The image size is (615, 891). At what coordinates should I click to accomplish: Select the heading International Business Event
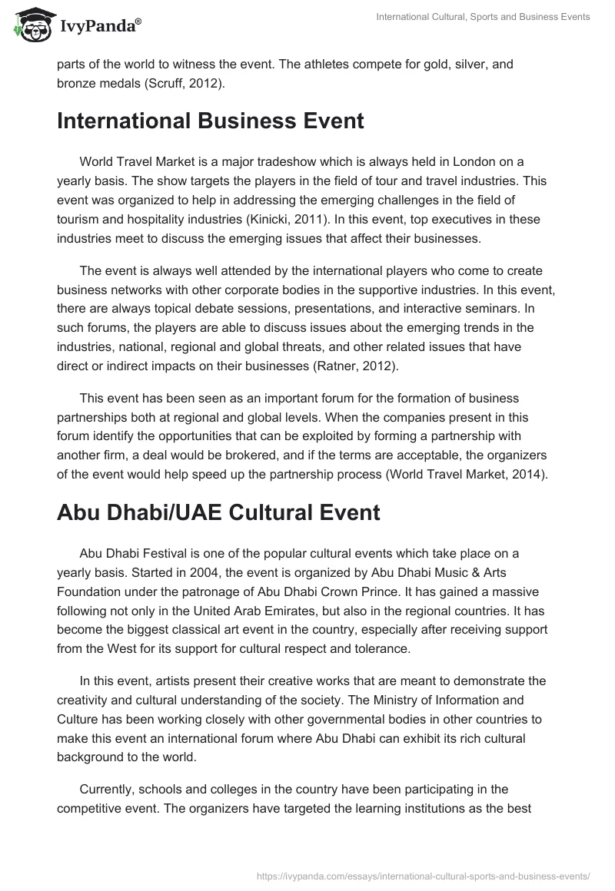click(210, 121)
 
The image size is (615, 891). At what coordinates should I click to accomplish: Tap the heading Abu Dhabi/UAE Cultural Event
click(218, 513)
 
